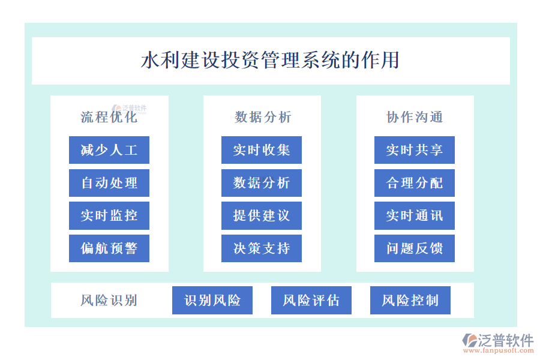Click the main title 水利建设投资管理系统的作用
click(271, 60)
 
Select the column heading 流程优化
click(109, 117)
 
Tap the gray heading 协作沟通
click(415, 117)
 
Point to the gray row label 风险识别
click(109, 301)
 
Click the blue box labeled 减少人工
click(109, 150)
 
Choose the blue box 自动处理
click(109, 183)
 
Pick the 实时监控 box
click(109, 215)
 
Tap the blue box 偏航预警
click(109, 248)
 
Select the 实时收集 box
click(262, 150)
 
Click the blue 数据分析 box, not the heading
click(262, 183)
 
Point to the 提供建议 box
click(262, 215)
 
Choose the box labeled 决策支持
click(262, 248)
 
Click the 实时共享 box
click(414, 150)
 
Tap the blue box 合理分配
click(414, 183)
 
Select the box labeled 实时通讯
click(414, 215)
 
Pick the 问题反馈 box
click(414, 248)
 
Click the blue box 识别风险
click(212, 301)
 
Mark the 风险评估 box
click(311, 301)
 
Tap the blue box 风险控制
click(410, 301)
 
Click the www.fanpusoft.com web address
click(499, 350)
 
